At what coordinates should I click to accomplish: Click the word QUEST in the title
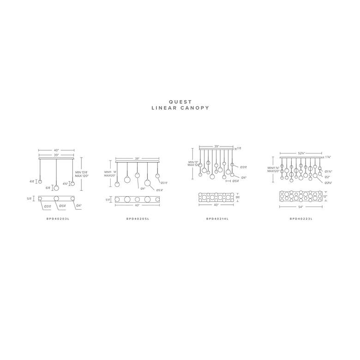click(x=180, y=102)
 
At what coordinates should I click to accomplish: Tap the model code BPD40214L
click(x=217, y=218)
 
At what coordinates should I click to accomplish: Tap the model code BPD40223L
click(x=301, y=218)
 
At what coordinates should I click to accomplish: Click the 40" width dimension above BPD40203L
click(x=57, y=150)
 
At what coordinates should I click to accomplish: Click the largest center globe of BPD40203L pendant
click(x=56, y=188)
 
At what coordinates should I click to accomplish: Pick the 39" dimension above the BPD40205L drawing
click(x=137, y=158)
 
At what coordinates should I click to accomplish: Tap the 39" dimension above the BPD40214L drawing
click(x=216, y=146)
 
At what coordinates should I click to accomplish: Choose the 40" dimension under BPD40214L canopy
click(x=216, y=205)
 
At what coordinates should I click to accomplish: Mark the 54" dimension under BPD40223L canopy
click(x=300, y=206)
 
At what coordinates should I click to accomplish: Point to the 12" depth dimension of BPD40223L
click(x=325, y=196)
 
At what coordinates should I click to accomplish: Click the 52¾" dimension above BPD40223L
click(x=300, y=153)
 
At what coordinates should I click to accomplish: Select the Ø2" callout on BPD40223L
click(x=327, y=177)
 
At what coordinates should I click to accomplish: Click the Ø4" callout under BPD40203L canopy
click(x=79, y=205)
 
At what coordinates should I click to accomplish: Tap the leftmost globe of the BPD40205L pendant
click(x=117, y=184)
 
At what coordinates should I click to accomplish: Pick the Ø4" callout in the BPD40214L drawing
click(x=243, y=178)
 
